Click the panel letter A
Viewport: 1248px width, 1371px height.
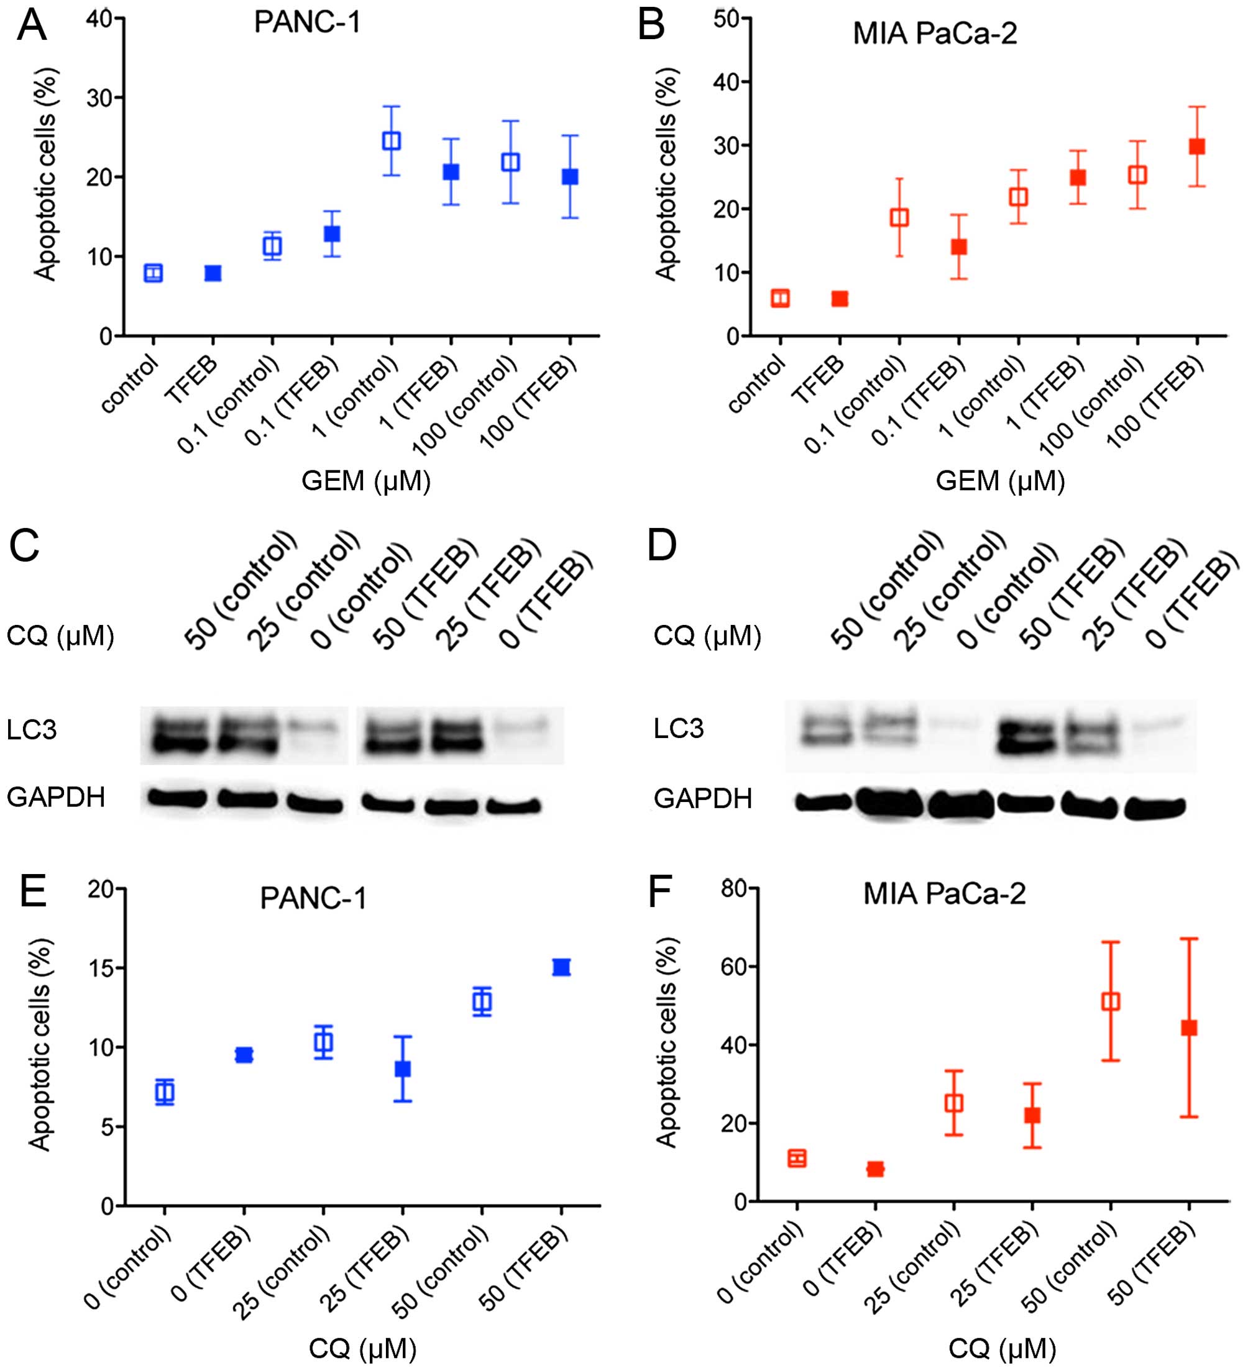click(31, 27)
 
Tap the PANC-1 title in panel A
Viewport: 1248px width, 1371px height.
click(307, 23)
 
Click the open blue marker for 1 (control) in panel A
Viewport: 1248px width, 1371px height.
click(392, 141)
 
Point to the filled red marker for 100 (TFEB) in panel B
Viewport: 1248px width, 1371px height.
click(1196, 146)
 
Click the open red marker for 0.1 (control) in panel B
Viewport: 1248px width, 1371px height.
click(899, 217)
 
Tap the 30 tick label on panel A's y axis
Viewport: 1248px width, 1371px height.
click(99, 98)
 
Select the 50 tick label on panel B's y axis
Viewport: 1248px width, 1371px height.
click(726, 19)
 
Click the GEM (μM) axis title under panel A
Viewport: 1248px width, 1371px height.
click(366, 481)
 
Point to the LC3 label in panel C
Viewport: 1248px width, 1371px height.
click(31, 730)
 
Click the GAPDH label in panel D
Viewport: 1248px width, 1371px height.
click(702, 798)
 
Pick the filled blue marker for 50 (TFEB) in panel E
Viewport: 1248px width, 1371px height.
click(561, 967)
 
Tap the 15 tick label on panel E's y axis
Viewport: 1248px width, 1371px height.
click(100, 968)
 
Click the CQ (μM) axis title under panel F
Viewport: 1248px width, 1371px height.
click(1002, 1348)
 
